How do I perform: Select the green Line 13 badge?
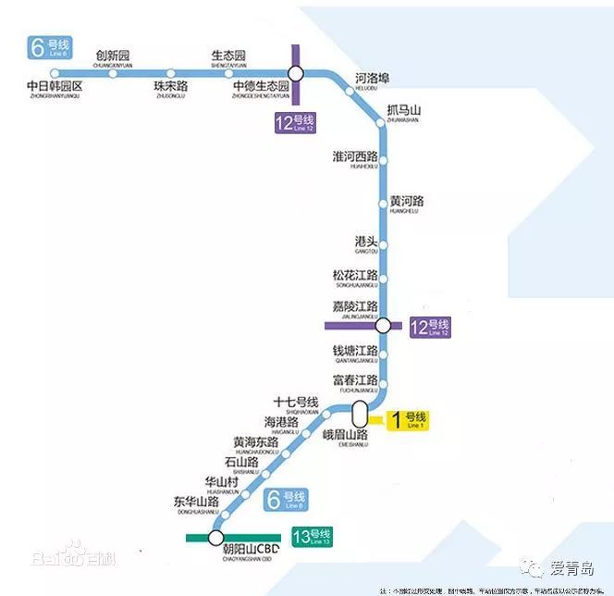(x=311, y=537)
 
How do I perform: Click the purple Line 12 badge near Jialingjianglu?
(x=430, y=328)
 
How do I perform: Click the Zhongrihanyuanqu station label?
(x=55, y=88)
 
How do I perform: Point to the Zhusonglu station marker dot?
(x=170, y=74)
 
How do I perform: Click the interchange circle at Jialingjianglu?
(x=382, y=325)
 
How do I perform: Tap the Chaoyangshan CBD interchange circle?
(x=216, y=538)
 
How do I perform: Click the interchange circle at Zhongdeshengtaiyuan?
(x=295, y=74)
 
